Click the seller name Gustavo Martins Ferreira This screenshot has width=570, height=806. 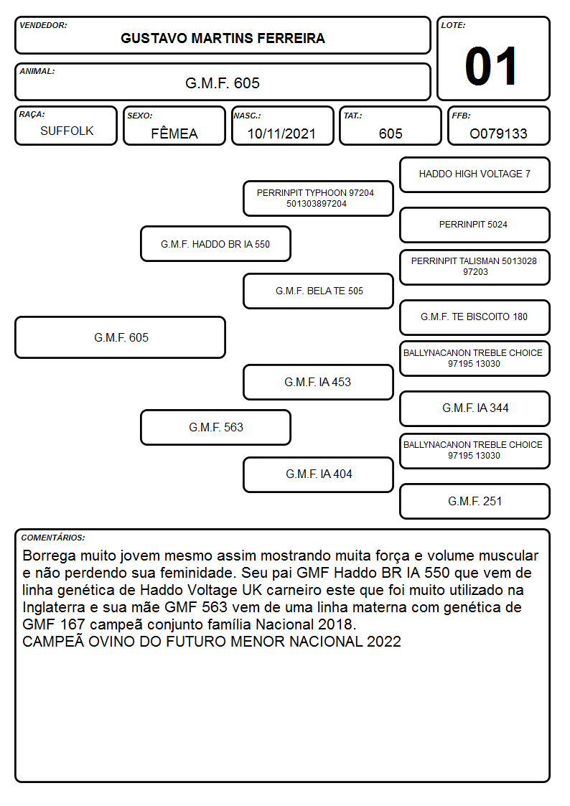[x=223, y=38]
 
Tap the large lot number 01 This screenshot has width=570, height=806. [x=491, y=66]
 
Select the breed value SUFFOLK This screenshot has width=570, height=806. [x=67, y=131]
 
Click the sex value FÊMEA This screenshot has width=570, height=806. [x=174, y=133]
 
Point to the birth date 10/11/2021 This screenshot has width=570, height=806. [x=281, y=133]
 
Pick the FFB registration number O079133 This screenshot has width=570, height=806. [x=498, y=133]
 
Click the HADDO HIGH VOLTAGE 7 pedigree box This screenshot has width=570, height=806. [x=475, y=175]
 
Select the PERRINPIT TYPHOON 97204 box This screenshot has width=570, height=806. [x=318, y=198]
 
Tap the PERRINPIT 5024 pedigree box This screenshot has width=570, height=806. [x=475, y=225]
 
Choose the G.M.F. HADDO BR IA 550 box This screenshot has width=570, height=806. [x=215, y=243]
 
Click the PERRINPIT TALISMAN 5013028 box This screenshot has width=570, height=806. [x=475, y=267]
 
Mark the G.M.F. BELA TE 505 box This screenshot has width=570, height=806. [x=318, y=291]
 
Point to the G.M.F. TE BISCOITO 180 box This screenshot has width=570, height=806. [x=475, y=317]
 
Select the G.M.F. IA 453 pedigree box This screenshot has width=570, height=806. [x=318, y=382]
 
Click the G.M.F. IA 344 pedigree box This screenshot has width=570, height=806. [x=475, y=408]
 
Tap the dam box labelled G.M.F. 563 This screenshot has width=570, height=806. [x=215, y=427]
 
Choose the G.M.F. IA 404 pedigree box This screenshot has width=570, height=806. [x=318, y=474]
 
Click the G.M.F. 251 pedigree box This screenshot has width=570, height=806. [x=475, y=501]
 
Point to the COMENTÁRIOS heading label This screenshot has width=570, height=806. [x=53, y=538]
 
